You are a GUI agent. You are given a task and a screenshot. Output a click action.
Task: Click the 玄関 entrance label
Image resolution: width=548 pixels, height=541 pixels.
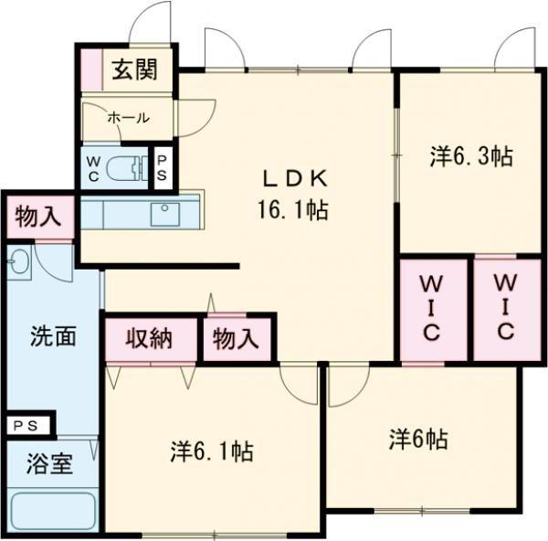point(134,69)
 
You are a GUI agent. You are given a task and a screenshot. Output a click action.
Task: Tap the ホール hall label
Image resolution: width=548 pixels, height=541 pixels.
point(129,118)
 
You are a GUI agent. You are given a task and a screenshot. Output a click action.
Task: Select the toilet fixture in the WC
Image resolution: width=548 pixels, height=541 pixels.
point(127,168)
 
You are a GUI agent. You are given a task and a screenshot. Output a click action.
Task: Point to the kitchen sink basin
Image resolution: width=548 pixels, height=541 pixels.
point(165,214)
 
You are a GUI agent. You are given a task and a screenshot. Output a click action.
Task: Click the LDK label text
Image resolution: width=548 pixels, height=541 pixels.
point(295,178)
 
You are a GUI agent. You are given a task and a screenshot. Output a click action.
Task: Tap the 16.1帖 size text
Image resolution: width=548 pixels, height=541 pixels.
point(293,210)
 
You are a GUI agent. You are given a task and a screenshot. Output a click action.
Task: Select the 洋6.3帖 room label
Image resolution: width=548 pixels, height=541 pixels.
point(471,156)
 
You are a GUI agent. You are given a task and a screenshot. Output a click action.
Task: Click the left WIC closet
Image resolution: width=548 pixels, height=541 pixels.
point(433,310)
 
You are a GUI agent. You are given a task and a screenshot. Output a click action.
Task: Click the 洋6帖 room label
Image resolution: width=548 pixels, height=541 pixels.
point(418,440)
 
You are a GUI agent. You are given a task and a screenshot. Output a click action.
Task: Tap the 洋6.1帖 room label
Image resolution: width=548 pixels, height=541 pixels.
point(212,451)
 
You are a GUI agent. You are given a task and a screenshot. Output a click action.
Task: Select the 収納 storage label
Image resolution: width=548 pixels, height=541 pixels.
point(149,338)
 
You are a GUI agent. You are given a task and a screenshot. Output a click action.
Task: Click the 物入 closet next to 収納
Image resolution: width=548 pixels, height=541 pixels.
point(237,339)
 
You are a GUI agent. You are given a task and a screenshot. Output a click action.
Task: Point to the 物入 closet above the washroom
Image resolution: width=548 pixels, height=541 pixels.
point(39,217)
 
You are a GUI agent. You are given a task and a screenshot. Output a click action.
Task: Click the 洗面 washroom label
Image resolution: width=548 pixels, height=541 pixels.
point(53,336)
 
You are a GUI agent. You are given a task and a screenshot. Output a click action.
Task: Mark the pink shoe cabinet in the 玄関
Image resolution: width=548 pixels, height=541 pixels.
point(91,70)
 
